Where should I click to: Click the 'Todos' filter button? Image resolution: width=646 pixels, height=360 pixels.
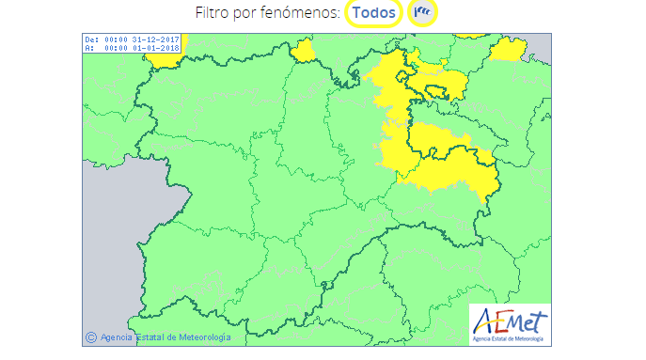pos(373,13)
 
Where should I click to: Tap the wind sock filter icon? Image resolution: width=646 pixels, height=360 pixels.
pos(425,13)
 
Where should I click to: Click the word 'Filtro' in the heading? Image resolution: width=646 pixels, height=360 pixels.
pos(214,13)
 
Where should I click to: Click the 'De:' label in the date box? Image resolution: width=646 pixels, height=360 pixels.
pos(90,39)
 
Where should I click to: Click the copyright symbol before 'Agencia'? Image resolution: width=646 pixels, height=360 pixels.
pos(91,337)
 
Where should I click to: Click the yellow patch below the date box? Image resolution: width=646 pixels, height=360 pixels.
pos(167,59)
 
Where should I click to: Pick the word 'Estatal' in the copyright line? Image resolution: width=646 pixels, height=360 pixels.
pos(150,337)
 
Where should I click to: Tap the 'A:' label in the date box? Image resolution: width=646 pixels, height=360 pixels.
pos(88,47)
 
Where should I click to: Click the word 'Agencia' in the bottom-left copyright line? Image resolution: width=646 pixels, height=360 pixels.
pos(117,337)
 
